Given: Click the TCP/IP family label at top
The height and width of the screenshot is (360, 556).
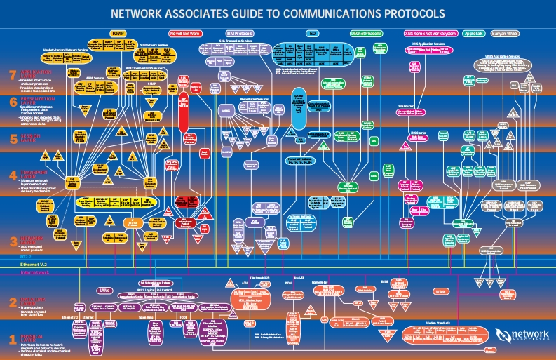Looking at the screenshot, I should [117, 33].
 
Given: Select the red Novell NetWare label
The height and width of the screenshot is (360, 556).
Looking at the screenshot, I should [186, 33].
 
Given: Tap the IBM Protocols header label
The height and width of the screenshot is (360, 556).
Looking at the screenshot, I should [239, 33].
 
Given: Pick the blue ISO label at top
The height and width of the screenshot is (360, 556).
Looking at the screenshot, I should [312, 33].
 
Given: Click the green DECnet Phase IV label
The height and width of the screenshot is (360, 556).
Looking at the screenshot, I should [367, 33].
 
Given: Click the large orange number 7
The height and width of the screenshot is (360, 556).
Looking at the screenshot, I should [11, 76].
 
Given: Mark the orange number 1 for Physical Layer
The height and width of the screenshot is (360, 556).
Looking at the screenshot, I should [11, 340].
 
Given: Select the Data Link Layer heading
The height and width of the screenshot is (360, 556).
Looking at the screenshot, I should [34, 300].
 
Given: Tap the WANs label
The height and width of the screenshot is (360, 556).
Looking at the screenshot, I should [441, 291].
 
